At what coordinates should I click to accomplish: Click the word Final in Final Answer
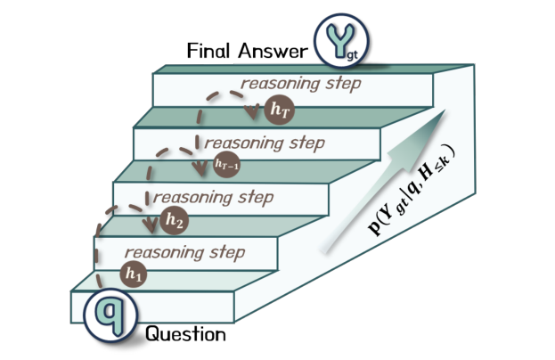tap(208, 50)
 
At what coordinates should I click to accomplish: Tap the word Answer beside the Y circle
tap(273, 51)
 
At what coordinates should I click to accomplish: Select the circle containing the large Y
tap(341, 40)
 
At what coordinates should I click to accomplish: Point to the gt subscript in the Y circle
tap(352, 55)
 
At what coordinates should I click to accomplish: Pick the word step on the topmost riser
tap(343, 85)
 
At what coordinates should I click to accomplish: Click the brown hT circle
tap(280, 110)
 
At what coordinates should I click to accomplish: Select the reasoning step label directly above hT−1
tap(265, 143)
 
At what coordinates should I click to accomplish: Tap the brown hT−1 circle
tap(226, 164)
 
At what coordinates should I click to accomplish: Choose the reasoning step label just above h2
tap(213, 197)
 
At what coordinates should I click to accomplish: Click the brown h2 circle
tap(175, 220)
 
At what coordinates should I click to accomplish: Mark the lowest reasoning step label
tap(184, 253)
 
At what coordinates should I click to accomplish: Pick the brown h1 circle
tap(134, 274)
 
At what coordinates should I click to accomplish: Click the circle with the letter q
tap(110, 315)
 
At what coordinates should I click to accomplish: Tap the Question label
tap(185, 334)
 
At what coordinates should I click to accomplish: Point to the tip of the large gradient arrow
tap(445, 110)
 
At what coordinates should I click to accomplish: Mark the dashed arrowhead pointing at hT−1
tap(200, 168)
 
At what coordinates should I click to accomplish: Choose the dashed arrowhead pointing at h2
tap(151, 225)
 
